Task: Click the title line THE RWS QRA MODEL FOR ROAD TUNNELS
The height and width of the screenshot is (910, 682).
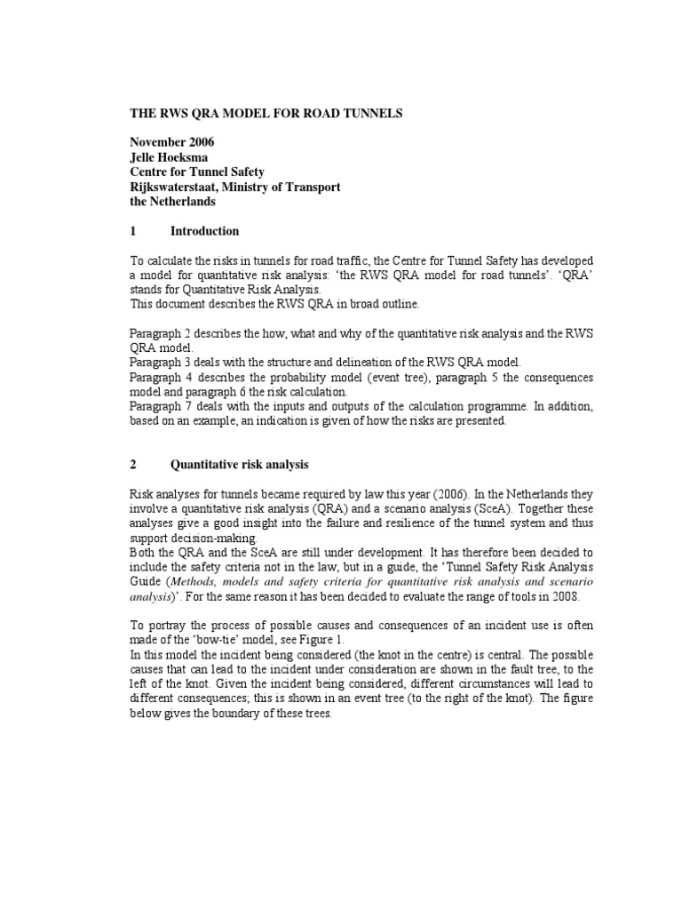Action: pyautogui.click(x=256, y=114)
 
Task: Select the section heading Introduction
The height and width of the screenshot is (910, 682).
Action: pyautogui.click(x=204, y=231)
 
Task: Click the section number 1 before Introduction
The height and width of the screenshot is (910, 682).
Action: pyautogui.click(x=133, y=231)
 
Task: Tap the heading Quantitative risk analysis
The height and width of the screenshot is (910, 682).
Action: pyautogui.click(x=239, y=465)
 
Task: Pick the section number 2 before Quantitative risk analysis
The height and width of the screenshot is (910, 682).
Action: pyautogui.click(x=133, y=465)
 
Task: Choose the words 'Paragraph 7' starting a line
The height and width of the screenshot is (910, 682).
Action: pyautogui.click(x=162, y=407)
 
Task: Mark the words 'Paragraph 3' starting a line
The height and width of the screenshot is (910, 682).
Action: pyautogui.click(x=162, y=363)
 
